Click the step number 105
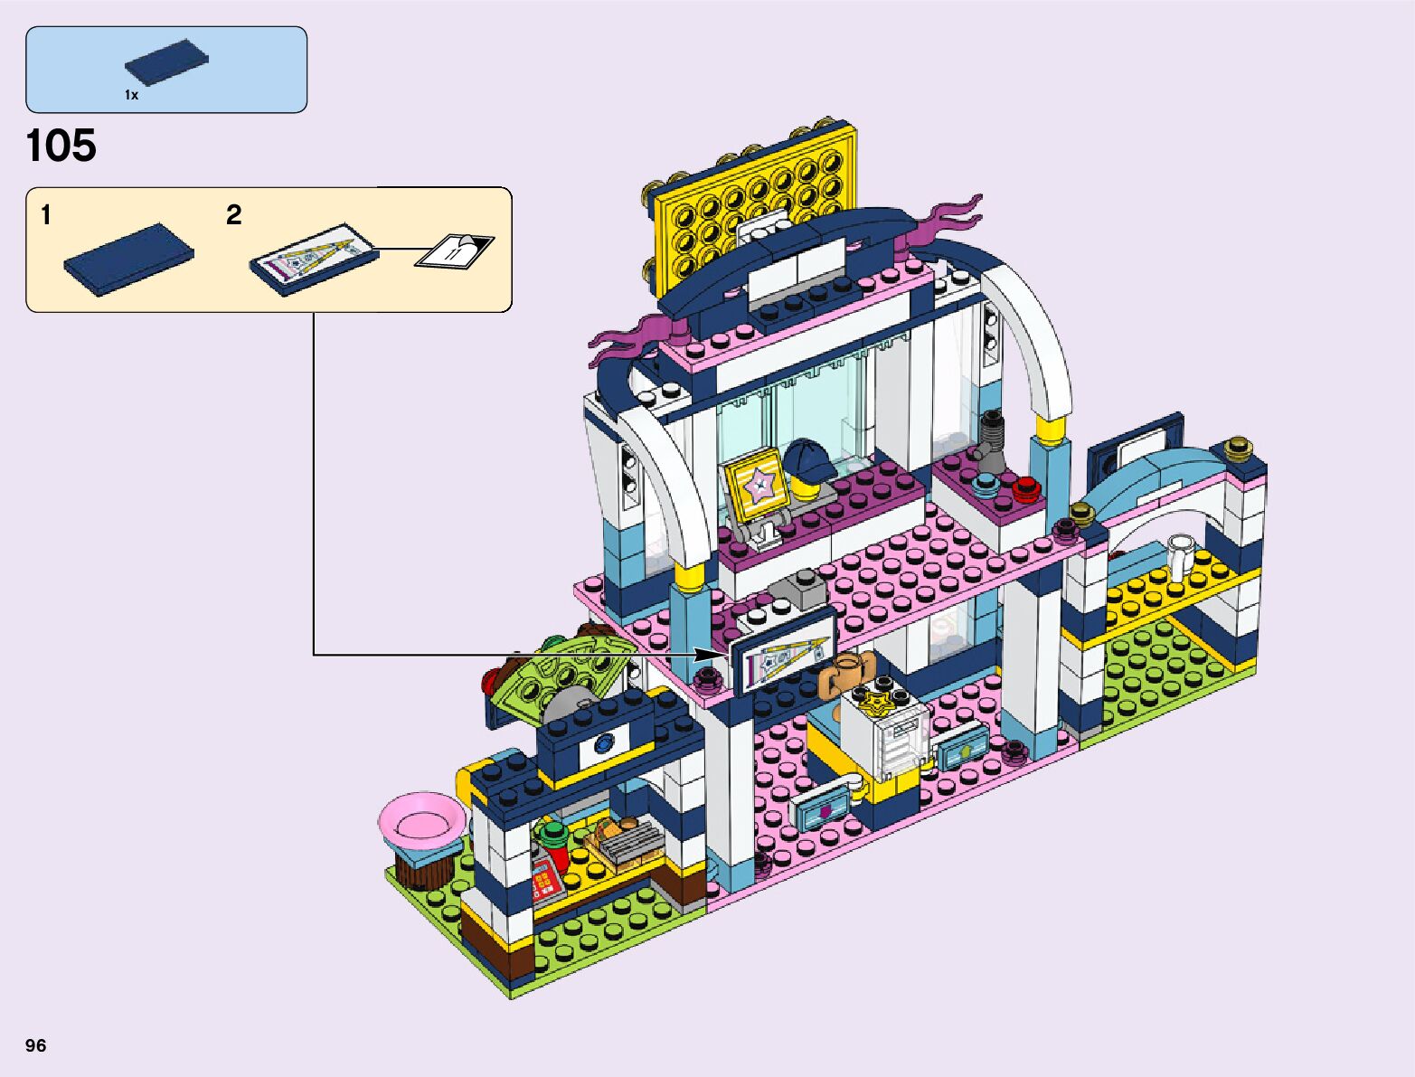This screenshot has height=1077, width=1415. [x=61, y=146]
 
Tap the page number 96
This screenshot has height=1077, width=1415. [x=36, y=1045]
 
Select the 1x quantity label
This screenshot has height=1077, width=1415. [x=132, y=95]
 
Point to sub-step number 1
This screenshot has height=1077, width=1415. [x=46, y=215]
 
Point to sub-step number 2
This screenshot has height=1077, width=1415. [x=233, y=215]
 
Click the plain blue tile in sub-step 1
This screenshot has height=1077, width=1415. [x=128, y=258]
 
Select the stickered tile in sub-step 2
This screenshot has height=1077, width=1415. [x=313, y=259]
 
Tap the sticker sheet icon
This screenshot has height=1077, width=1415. [x=455, y=250]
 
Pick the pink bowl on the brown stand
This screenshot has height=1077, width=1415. [x=421, y=820]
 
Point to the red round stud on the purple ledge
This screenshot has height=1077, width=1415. [x=1024, y=489]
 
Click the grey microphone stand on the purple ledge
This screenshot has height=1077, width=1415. [x=992, y=439]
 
